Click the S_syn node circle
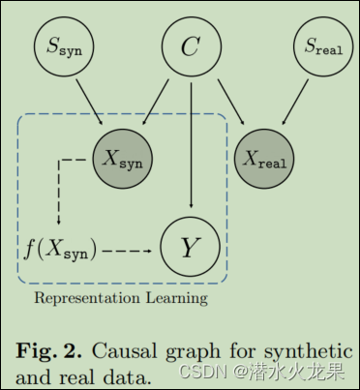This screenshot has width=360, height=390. (x=65, y=45)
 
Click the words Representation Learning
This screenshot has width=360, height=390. (x=120, y=298)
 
